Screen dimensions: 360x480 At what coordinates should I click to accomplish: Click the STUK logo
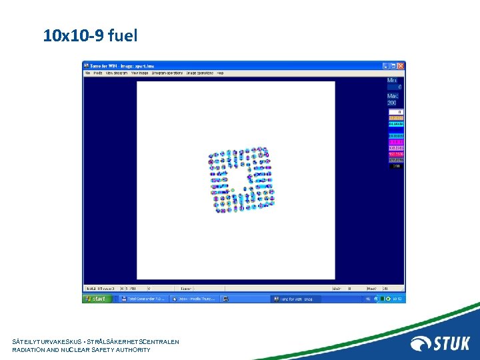coord(441,343)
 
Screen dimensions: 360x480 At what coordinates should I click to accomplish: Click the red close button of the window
coord(401,65)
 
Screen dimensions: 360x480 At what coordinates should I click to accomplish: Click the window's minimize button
coord(386,65)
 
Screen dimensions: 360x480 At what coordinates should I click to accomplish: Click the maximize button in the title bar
coord(393,65)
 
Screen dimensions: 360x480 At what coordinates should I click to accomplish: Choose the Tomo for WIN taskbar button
coord(296,299)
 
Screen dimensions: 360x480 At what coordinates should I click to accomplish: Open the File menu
coord(87,73)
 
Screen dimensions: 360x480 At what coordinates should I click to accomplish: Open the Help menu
coord(219,73)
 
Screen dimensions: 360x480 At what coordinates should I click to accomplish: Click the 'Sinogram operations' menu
coord(167,73)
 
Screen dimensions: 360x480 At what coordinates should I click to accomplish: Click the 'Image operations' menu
coord(200,73)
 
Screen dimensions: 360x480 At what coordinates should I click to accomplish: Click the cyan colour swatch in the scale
coord(395,124)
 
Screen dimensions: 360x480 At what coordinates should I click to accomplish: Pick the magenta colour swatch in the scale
coord(395,142)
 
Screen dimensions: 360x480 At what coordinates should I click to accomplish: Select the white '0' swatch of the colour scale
coord(395,112)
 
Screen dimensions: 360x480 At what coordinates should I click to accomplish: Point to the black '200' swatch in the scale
coord(395,166)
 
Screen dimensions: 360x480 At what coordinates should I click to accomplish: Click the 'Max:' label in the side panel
coord(393,96)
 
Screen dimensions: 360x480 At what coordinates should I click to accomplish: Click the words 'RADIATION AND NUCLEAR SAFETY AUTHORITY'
coord(81,350)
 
